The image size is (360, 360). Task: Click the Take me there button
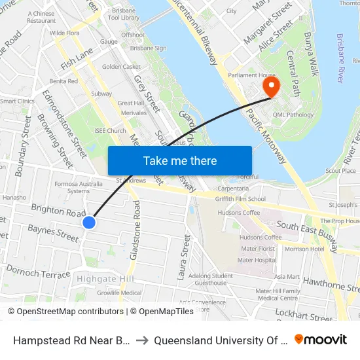pyautogui.click(x=179, y=160)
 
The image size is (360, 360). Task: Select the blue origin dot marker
pyautogui.click(x=90, y=223)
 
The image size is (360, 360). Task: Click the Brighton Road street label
pyautogui.click(x=58, y=211)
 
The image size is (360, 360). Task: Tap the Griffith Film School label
pyautogui.click(x=242, y=199)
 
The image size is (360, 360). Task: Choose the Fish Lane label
pyautogui.click(x=77, y=61)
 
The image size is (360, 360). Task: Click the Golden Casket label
pyautogui.click(x=121, y=67)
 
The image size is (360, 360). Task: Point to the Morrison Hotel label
pyautogui.click(x=304, y=249)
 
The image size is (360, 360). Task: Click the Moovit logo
pyautogui.click(x=321, y=339)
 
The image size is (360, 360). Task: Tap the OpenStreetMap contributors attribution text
pyautogui.click(x=65, y=312)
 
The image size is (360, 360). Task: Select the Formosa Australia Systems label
pyautogui.click(x=78, y=187)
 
